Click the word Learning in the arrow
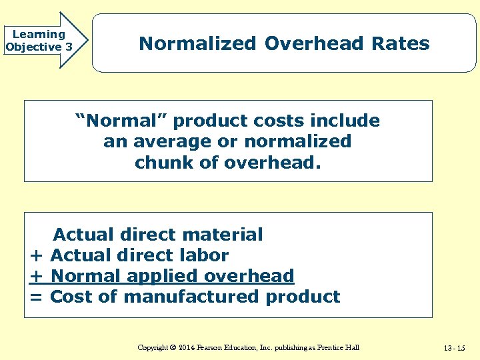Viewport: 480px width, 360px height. coord(39,34)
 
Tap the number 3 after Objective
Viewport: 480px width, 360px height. coord(69,47)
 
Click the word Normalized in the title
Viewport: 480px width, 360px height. coord(197,44)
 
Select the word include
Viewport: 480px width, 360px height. coord(347,121)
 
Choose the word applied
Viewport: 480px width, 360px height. coord(161,276)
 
